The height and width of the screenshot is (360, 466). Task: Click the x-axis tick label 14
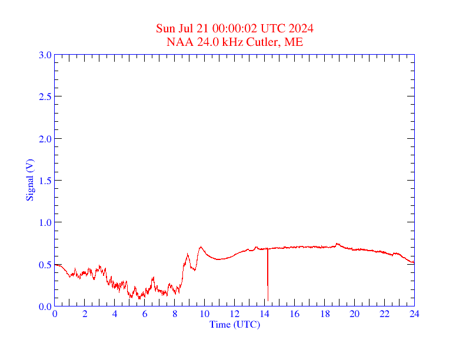265,314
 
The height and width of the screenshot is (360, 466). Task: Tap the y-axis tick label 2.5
45,96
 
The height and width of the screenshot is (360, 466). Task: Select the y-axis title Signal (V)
29,180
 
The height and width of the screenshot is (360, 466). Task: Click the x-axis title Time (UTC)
235,324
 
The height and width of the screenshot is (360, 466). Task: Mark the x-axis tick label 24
414,314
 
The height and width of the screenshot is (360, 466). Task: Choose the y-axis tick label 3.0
45,55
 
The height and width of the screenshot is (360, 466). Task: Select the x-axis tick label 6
145,314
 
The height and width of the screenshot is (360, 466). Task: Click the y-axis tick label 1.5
45,181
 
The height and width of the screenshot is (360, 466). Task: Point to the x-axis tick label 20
354,314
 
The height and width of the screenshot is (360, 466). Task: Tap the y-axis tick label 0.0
45,306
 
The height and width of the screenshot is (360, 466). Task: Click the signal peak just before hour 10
201,247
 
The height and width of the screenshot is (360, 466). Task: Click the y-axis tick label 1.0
45,222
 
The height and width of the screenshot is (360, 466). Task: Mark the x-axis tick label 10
205,314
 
